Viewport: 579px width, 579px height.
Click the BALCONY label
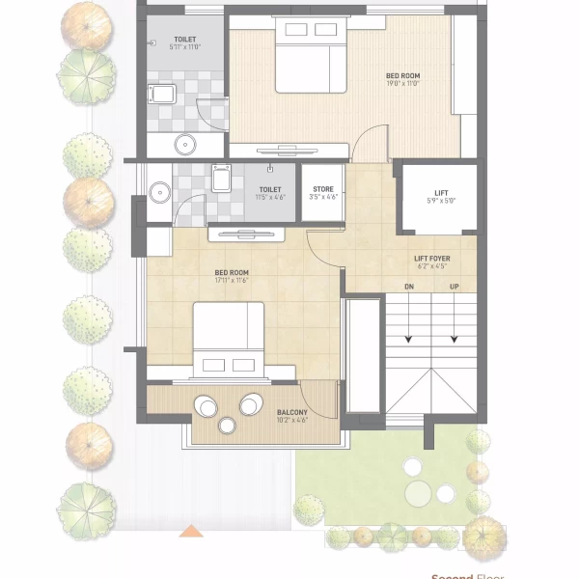[x=292, y=412]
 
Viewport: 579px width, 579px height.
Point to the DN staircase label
[x=409, y=287]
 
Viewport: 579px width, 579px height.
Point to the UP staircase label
[x=454, y=287]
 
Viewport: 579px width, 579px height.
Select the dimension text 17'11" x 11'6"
[x=232, y=281]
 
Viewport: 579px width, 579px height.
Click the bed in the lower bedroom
[x=229, y=337]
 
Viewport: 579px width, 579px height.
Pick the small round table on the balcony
[x=228, y=426]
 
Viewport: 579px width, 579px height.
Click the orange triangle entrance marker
[x=193, y=531]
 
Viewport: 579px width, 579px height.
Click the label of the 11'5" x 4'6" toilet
[x=269, y=190]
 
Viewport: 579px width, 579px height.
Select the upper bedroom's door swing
[x=369, y=145]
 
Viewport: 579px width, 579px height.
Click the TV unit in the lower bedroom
[x=249, y=234]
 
